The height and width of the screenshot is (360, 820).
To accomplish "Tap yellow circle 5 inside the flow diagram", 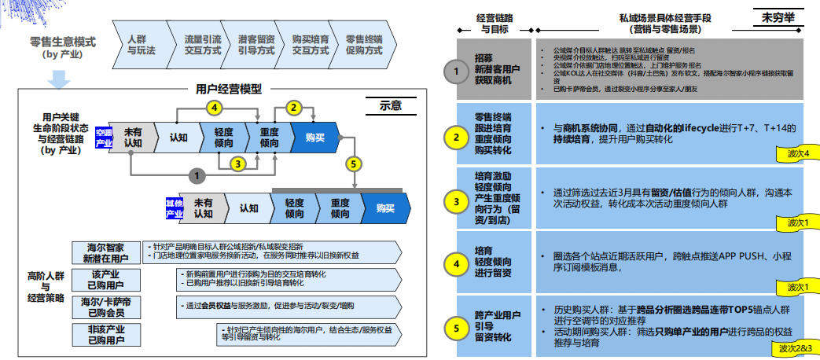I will pyautogui.click(x=355, y=163).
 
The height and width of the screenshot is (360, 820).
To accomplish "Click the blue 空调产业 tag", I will pyautogui.click(x=104, y=138).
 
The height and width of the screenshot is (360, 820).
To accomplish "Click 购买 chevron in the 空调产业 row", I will pyautogui.click(x=314, y=138).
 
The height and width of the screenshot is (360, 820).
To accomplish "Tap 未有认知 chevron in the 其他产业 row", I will pyautogui.click(x=203, y=208).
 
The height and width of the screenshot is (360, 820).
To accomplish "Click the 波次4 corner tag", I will pyautogui.click(x=797, y=153).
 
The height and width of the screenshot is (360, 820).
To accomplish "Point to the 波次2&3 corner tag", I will pyautogui.click(x=794, y=347).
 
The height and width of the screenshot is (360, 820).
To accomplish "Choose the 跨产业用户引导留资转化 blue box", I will pyautogui.click(x=494, y=325).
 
